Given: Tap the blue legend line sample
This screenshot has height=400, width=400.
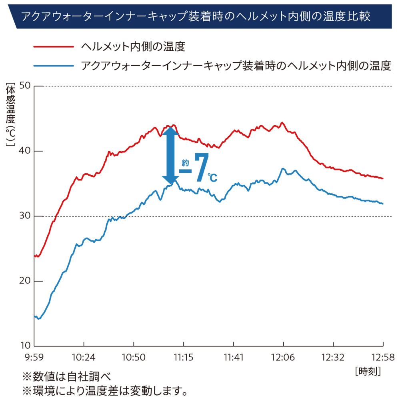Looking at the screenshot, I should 54,66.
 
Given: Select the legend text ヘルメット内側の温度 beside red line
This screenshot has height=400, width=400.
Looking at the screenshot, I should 133,47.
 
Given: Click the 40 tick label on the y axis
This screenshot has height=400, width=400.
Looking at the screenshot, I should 25,151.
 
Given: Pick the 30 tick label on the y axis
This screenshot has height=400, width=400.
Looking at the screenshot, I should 25,216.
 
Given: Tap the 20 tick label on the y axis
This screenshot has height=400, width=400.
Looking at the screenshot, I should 25,281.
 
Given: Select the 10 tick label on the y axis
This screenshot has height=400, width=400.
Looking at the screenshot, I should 25,346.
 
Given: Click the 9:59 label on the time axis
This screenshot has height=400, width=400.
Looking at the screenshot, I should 34,356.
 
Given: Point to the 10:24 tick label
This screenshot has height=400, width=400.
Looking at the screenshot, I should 84,356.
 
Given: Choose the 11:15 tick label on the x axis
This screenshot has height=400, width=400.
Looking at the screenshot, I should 184,356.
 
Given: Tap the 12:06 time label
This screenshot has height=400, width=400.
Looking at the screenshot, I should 283,356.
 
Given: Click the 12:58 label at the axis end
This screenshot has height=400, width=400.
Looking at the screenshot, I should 383,356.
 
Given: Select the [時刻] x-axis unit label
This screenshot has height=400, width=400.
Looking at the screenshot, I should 368,371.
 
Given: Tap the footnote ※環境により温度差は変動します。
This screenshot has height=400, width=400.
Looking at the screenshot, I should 105,390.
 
